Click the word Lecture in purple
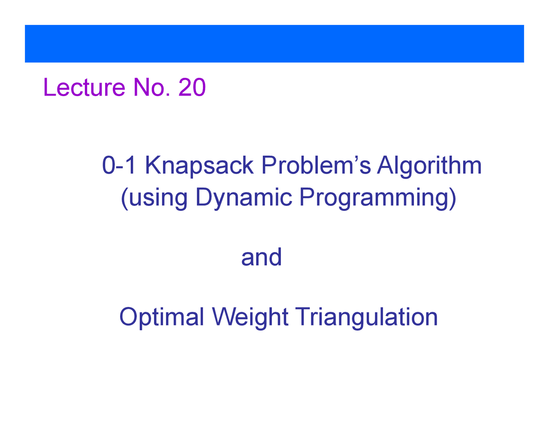(84, 87)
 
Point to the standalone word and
(261, 257)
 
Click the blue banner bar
(274, 44)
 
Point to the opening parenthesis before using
(124, 198)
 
